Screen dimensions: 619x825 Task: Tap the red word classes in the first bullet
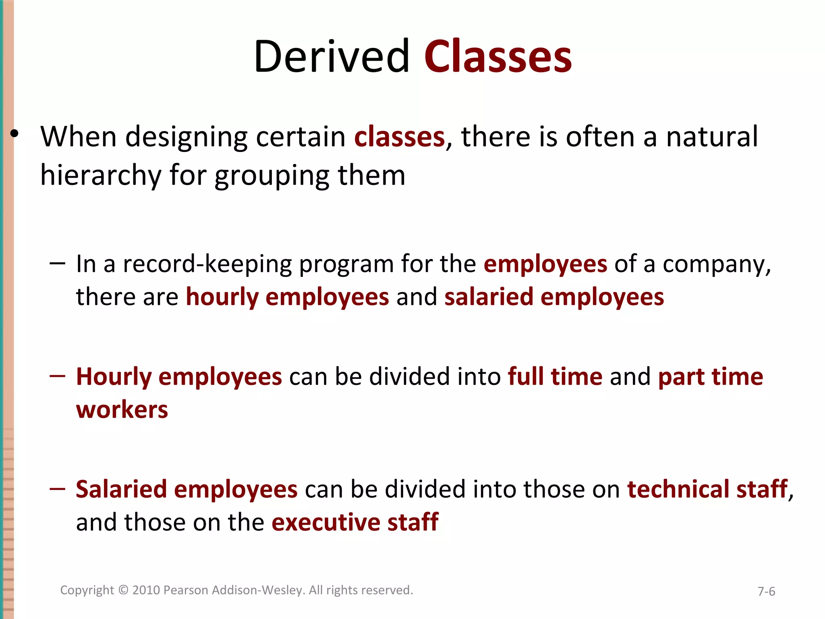(399, 137)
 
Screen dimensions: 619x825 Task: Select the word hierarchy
(101, 176)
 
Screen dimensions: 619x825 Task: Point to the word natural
(712, 137)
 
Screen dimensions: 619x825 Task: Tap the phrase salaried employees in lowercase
(554, 297)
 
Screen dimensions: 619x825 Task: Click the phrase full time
(555, 377)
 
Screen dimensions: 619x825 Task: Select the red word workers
(122, 410)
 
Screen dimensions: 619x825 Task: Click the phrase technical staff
(707, 489)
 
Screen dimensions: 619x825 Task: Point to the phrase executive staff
(355, 522)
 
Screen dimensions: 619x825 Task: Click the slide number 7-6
(766, 592)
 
